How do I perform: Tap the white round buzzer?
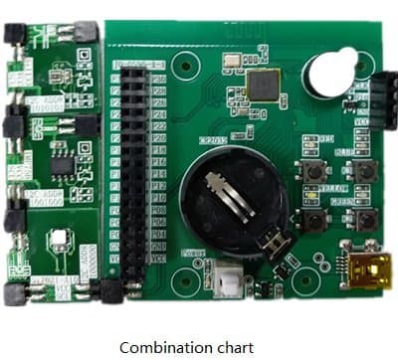(x=329, y=75)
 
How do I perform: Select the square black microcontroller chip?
(x=264, y=85)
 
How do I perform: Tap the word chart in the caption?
(x=235, y=347)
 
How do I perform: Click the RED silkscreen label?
(x=324, y=138)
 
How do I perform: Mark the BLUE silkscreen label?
(x=343, y=152)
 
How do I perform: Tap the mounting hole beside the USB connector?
(x=320, y=262)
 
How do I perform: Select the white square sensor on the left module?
(x=59, y=240)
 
